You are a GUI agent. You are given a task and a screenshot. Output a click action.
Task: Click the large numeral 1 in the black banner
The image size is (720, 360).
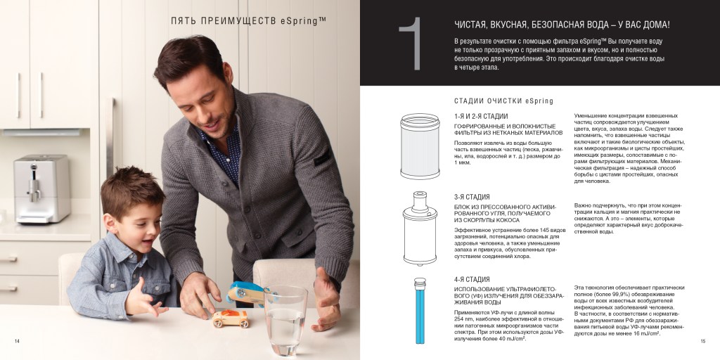[x=411, y=44]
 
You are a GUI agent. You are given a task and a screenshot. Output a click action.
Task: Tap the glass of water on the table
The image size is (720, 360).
[x=285, y=320]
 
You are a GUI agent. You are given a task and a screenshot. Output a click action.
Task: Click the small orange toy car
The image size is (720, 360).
[x=231, y=318]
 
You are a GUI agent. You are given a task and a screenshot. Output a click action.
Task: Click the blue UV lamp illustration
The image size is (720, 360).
[x=420, y=310]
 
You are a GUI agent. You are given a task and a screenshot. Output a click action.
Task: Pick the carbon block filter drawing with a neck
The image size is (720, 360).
[x=420, y=229]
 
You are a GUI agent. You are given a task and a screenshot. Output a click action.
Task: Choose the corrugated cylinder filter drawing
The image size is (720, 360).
[x=420, y=146]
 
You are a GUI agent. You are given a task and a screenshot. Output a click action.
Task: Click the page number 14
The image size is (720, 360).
[x=17, y=341]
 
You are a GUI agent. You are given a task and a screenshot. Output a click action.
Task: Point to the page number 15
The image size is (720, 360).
[x=702, y=341]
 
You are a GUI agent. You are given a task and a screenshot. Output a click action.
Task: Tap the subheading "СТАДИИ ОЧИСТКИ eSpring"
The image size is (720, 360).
[x=503, y=101]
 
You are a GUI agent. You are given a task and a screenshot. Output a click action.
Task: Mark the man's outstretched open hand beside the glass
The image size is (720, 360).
[x=326, y=298]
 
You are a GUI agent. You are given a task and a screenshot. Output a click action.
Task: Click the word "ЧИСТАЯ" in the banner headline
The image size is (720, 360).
[x=470, y=26]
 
